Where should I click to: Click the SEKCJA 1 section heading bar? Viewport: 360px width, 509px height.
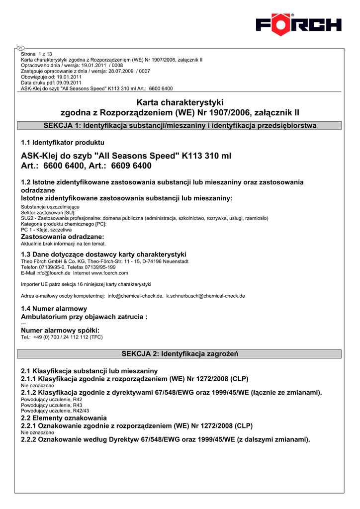(180, 126)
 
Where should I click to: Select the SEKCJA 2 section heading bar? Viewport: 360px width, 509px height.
(180, 354)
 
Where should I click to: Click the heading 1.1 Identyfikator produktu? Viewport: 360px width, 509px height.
(63, 143)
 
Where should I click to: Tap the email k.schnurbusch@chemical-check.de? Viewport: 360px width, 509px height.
(205, 296)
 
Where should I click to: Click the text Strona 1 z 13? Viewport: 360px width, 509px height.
(37, 54)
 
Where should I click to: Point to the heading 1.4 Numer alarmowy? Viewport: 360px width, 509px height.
(54, 309)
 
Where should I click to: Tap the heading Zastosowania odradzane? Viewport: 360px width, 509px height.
(62, 237)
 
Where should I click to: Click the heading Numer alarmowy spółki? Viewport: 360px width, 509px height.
(60, 331)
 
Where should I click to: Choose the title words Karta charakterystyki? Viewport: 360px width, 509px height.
(180, 102)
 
